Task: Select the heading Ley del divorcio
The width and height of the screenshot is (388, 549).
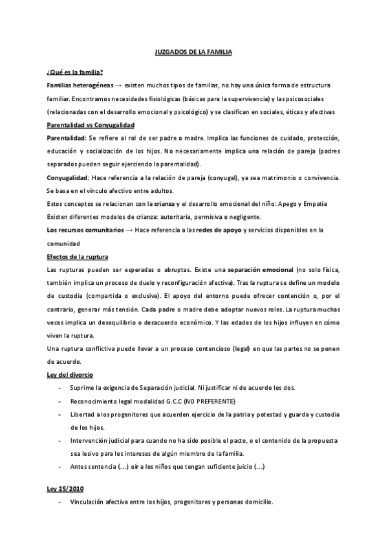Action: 70,375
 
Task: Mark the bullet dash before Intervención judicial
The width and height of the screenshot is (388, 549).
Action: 60,441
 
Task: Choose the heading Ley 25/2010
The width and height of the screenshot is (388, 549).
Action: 66,487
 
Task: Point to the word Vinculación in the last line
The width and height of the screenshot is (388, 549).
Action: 91,502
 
